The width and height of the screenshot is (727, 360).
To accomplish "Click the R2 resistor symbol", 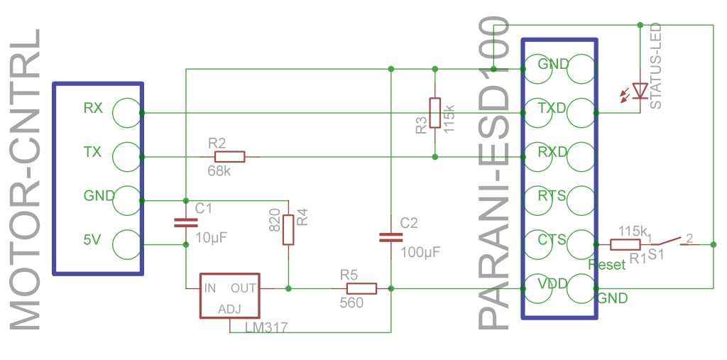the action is point(229,157).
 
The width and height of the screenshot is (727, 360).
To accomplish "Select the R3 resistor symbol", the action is point(434,113).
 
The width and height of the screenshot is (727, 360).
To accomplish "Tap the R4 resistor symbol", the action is point(288,229).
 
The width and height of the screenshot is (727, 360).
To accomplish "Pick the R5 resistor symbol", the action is point(361,288).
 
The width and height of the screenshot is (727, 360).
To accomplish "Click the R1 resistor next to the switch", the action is point(625,244).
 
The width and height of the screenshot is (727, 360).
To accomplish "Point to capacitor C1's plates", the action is point(186,223).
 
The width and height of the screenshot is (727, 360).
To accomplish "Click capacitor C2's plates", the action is point(391,238).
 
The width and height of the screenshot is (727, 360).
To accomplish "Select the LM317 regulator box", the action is point(229,295).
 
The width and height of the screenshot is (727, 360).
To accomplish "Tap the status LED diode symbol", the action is point(640,91).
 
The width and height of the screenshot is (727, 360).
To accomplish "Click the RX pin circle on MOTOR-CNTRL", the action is point(126,113).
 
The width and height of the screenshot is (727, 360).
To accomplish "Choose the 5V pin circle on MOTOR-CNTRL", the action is point(126,244).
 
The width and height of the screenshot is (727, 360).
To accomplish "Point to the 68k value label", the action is point(219,171).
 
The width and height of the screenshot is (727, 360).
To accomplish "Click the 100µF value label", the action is point(420,253).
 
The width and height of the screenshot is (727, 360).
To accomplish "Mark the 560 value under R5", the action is point(351,303).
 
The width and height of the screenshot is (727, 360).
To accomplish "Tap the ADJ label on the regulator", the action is point(230,310).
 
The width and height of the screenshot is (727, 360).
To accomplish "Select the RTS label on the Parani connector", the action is point(552,196).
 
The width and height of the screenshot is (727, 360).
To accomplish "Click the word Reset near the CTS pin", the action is point(606,265).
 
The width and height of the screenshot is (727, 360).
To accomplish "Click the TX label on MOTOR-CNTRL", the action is point(92,152).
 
